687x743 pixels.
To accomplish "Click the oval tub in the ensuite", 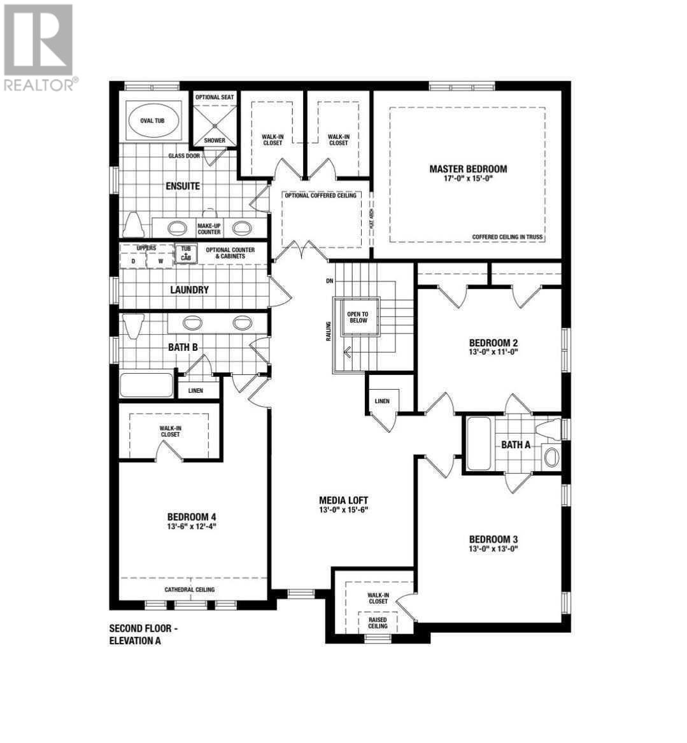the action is tap(153, 121).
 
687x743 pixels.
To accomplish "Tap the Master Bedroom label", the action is tap(468, 169).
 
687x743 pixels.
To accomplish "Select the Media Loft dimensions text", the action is tap(344, 510).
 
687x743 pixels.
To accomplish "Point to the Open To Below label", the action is tap(358, 317).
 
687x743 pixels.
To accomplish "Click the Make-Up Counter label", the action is tap(209, 229).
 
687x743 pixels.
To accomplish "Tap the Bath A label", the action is tap(516, 444).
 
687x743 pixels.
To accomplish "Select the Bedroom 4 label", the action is tap(192, 517).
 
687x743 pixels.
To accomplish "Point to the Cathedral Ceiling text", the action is tap(190, 590).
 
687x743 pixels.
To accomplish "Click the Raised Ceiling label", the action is tap(378, 623).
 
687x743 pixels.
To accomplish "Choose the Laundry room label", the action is tap(190, 290).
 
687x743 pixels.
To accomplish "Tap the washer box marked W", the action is tap(160, 261).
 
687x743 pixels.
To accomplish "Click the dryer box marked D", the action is tap(133, 261).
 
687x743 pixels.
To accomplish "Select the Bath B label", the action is tap(183, 348).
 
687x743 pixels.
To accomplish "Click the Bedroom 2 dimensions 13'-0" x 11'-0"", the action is tap(493, 351).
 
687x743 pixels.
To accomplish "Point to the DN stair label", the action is tap(330, 281).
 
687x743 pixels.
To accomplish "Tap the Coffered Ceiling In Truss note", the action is tap(507, 237).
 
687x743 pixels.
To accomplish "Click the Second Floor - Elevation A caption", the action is tap(143, 635).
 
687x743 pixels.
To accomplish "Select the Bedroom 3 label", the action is tap(493, 539).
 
